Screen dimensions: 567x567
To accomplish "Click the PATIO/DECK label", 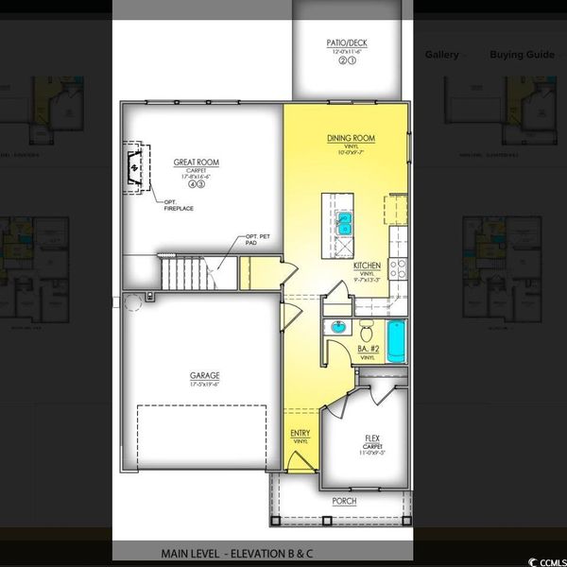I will pyautogui.click(x=348, y=43).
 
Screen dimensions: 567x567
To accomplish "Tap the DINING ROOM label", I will pyautogui.click(x=351, y=139).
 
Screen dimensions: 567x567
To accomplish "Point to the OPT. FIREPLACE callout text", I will pyautogui.click(x=177, y=206).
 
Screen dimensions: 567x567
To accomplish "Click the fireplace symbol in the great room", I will pyautogui.click(x=135, y=168).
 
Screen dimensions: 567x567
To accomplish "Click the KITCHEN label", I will pyautogui.click(x=367, y=267).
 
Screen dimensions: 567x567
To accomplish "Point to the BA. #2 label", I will pyautogui.click(x=366, y=350).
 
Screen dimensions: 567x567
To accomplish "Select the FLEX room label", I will pyautogui.click(x=372, y=438).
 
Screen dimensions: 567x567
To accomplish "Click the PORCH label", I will pyautogui.click(x=344, y=501).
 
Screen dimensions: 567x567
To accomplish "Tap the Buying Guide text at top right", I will pyautogui.click(x=522, y=54).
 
